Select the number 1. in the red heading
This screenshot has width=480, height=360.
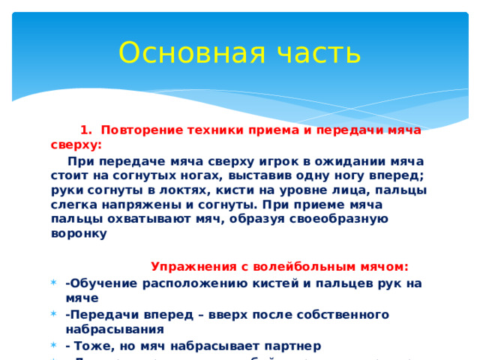point(85,130)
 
